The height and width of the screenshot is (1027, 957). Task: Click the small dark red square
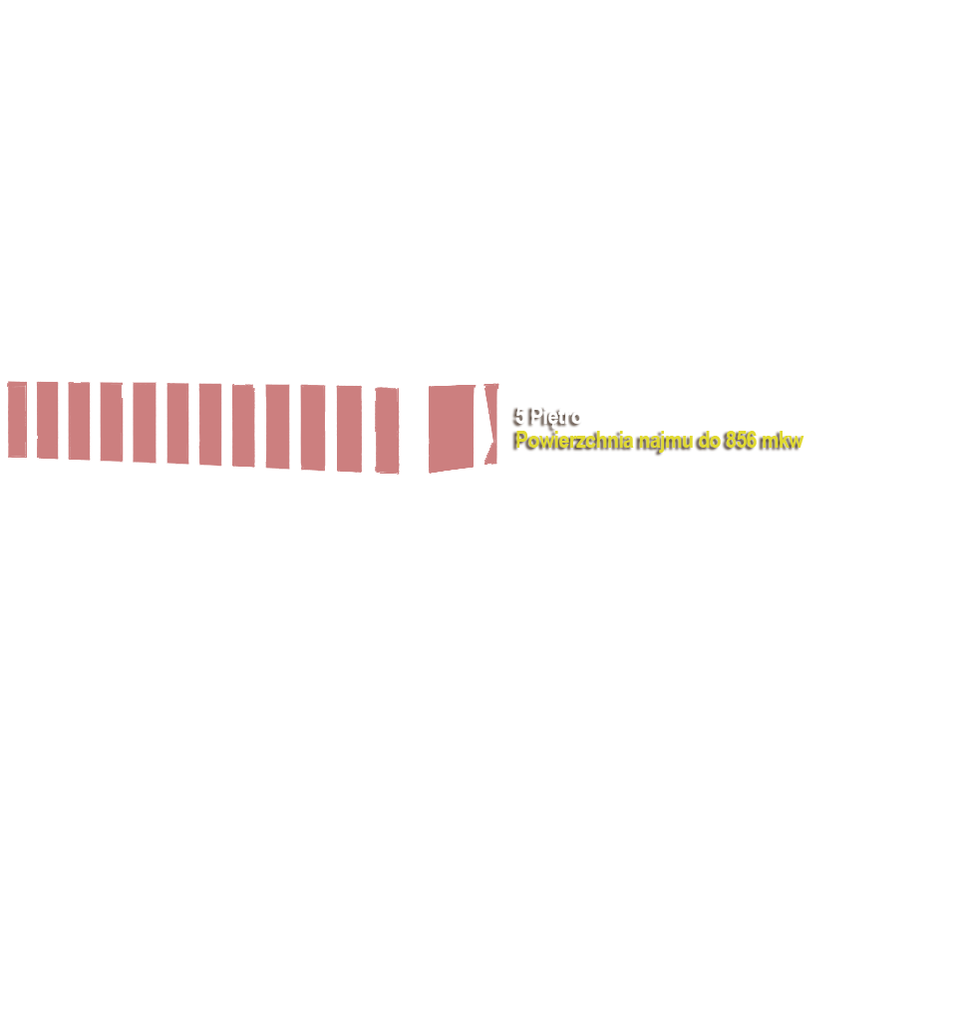coord(33,420)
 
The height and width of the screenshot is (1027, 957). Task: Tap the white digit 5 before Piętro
coord(520,417)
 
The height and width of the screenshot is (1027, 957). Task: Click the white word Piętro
coord(556,417)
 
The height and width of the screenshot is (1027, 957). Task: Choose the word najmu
coord(667,440)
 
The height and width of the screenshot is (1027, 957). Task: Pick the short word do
coord(710,440)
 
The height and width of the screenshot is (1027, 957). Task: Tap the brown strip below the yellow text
coord(658,463)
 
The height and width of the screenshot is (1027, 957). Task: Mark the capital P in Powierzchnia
coord(521,440)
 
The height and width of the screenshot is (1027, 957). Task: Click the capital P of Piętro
coord(536,417)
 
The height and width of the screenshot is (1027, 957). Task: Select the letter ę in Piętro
coord(553,418)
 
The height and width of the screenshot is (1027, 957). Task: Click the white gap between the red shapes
coord(63,420)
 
